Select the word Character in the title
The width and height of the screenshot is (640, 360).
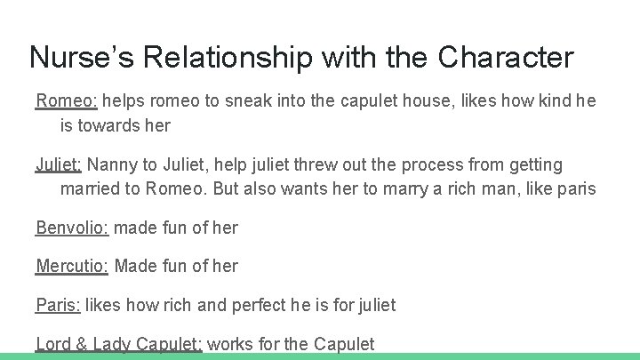tap(506, 58)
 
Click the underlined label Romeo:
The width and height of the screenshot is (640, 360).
tap(57, 100)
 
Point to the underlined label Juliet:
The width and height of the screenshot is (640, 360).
tap(59, 164)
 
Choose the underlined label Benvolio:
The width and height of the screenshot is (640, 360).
tap(72, 228)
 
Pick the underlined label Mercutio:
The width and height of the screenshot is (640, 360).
tap(73, 266)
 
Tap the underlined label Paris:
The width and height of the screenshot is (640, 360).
tap(58, 305)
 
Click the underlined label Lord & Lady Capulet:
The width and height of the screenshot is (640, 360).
tap(119, 344)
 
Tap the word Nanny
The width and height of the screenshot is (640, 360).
tap(114, 164)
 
